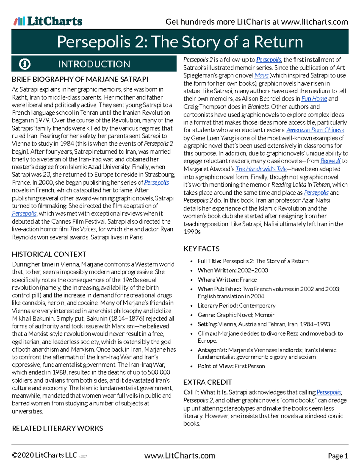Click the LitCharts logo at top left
(48, 21)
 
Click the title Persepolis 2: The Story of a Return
(180, 42)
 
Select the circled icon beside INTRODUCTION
(25, 64)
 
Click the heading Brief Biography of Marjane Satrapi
(80, 80)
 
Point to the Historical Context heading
(49, 254)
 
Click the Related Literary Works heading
(57, 428)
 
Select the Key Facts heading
(201, 249)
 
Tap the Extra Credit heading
(207, 382)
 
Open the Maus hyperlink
(261, 76)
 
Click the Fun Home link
(314, 99)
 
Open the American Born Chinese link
(315, 130)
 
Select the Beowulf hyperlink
(330, 161)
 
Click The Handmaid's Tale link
(261, 169)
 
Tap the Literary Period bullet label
(217, 305)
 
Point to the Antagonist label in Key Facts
(212, 350)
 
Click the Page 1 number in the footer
(338, 456)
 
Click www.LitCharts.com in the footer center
(180, 456)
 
